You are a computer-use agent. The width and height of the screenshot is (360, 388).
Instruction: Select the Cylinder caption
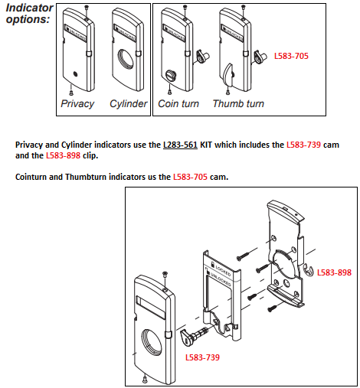coord(128,103)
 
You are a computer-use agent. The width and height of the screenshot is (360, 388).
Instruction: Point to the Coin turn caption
coord(178,103)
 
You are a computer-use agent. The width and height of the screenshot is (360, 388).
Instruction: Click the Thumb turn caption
coord(238,103)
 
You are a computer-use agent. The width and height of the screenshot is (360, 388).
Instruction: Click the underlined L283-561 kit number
coord(181,145)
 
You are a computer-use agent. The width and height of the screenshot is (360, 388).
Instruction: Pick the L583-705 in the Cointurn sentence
coord(194,178)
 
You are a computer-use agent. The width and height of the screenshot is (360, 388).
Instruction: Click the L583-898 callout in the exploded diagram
coord(334,272)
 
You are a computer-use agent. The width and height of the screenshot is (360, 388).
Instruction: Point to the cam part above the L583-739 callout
coord(195,335)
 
